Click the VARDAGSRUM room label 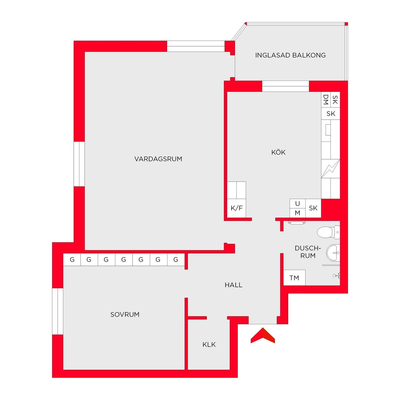click(158, 159)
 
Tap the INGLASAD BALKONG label click(290, 55)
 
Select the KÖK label click(278, 152)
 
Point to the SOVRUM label click(125, 314)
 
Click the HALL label click(233, 285)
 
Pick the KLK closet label click(209, 344)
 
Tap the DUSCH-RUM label click(307, 252)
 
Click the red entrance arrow click(263, 336)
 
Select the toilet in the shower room click(328, 232)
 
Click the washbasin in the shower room click(333, 252)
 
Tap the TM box click(294, 277)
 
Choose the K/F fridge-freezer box click(237, 208)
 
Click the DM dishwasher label click(326, 100)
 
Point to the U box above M click(297, 203)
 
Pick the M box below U click(297, 213)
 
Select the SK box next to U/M click(313, 208)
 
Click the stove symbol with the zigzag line click(330, 169)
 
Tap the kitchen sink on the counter click(328, 130)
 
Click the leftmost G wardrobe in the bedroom click(72, 260)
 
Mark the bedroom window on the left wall click(57, 311)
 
